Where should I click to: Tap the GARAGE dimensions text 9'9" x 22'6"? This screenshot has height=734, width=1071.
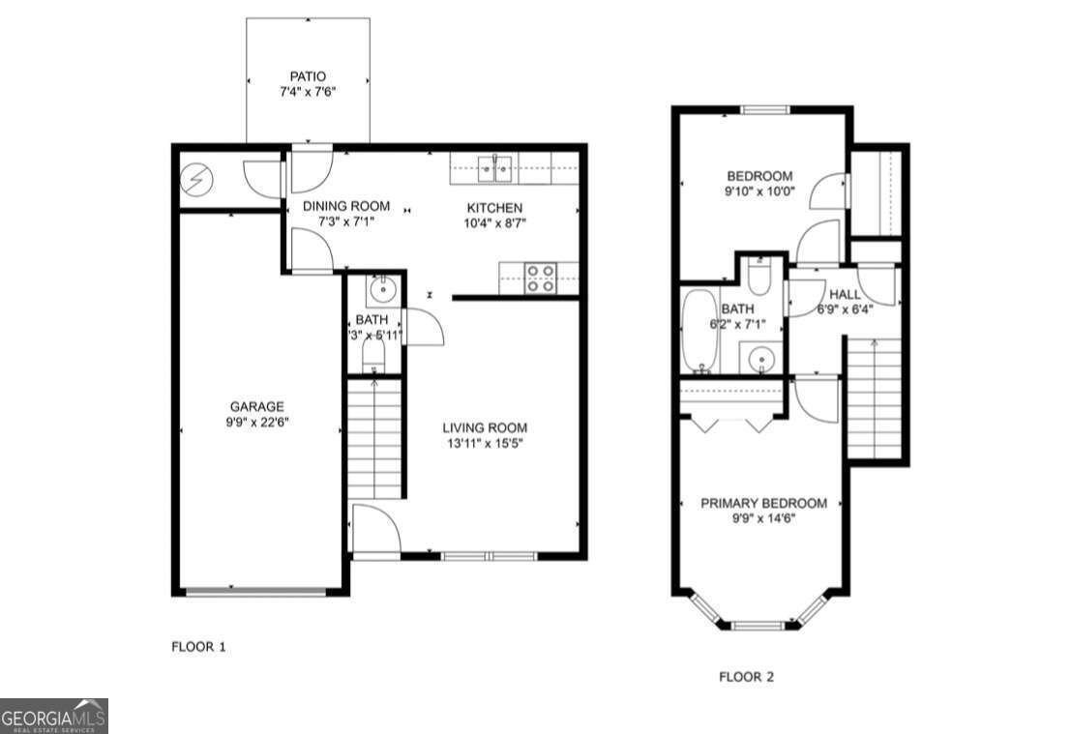256,422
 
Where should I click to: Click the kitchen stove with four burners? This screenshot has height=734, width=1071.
539,279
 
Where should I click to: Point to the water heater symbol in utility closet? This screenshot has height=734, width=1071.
196,179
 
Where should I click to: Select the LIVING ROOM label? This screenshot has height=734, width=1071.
485,427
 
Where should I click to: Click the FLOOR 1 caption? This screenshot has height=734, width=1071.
198,646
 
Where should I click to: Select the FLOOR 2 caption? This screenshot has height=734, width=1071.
746,677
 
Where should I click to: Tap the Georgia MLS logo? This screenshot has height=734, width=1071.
54,717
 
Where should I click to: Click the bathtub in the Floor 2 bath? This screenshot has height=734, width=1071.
699,331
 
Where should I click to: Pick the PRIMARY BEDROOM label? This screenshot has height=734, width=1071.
763,503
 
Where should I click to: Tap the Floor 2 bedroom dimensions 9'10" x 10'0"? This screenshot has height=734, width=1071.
759,191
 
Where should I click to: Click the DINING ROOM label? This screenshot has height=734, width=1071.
346,206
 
